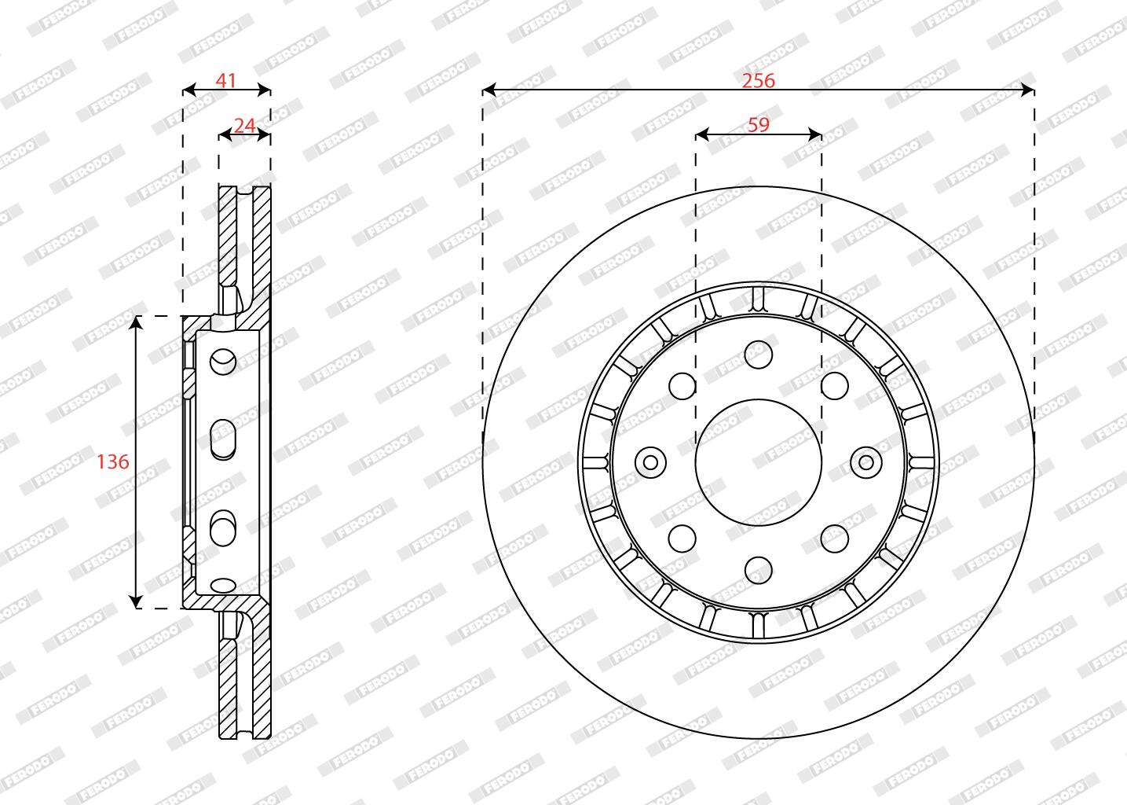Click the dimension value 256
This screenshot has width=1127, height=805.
click(758, 81)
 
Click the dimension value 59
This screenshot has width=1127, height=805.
click(759, 125)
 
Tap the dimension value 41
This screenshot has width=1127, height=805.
click(226, 81)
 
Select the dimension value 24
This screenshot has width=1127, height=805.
click(244, 126)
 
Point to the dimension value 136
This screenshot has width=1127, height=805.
click(113, 461)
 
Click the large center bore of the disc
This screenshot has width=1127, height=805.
click(758, 462)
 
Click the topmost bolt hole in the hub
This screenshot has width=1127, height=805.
click(758, 354)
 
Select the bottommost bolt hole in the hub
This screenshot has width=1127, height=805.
click(758, 570)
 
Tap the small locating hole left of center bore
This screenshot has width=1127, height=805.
click(650, 462)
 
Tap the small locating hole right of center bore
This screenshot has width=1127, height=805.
click(866, 462)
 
